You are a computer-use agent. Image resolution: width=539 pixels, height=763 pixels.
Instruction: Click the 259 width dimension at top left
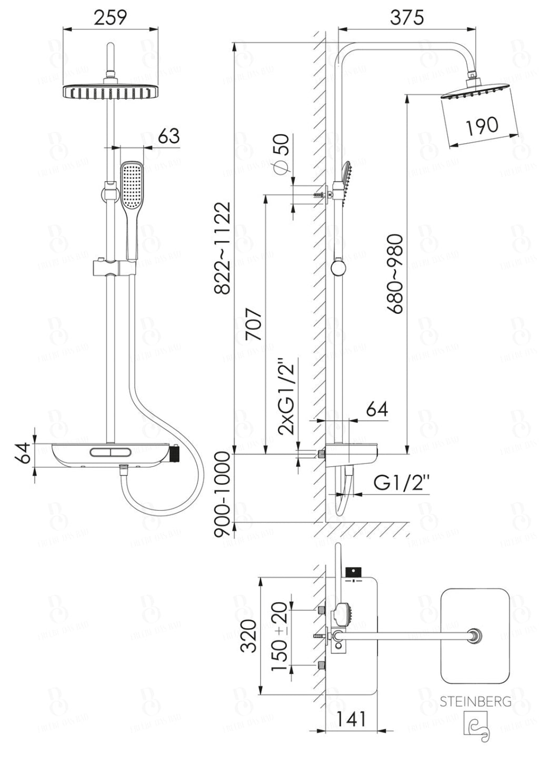(x=111, y=17)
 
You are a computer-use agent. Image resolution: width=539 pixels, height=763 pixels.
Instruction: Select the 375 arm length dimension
(x=407, y=17)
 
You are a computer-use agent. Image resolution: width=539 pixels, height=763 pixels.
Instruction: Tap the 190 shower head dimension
(x=482, y=125)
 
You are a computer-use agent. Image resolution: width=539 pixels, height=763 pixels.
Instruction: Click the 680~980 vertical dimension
(x=395, y=274)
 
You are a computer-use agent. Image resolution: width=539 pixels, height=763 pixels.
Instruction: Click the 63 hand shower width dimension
(x=168, y=136)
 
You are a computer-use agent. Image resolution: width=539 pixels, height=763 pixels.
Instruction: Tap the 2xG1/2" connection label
(x=287, y=396)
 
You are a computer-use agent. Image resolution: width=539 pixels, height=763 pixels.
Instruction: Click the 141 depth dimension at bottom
(x=351, y=718)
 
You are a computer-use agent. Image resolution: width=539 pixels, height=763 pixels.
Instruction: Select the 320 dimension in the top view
(x=248, y=636)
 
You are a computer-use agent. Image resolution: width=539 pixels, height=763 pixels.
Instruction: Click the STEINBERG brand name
(x=475, y=701)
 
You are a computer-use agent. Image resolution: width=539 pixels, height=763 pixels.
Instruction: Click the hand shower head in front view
(x=129, y=185)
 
